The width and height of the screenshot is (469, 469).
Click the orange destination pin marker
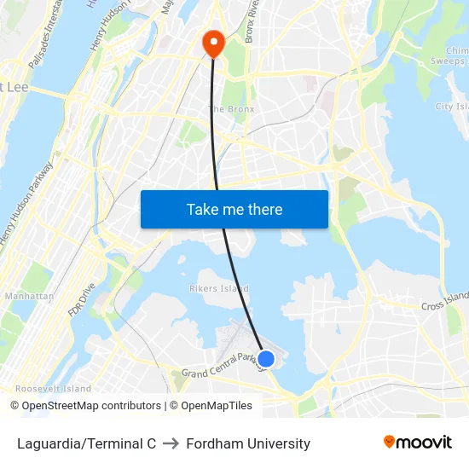point(211,43)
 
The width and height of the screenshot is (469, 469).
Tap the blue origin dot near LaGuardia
point(266,359)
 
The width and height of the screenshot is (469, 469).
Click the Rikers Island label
point(219,288)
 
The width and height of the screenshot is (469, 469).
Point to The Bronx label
point(232,109)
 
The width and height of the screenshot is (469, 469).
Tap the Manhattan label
point(28,297)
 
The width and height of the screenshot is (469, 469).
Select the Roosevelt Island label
point(53,389)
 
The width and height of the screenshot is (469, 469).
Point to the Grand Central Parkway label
point(220,366)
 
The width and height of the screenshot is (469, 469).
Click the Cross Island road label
point(444,301)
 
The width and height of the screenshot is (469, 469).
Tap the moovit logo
point(418,443)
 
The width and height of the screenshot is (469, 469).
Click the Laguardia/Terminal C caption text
point(86,443)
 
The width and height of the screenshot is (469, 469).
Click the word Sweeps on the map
point(447,61)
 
